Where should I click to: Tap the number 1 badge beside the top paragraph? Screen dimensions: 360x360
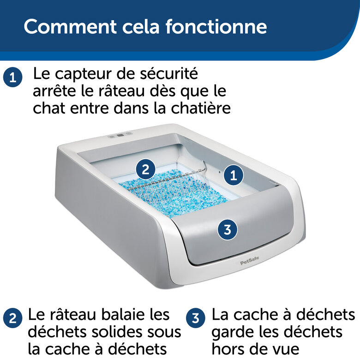point(12,77)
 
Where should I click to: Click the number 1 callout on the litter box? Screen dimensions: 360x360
point(234,175)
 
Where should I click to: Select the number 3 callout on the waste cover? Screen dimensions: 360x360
point(227,229)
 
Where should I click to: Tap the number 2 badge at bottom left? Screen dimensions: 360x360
point(12,318)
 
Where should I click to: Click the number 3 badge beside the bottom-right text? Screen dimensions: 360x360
point(195,318)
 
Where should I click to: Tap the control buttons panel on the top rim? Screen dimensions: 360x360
point(120,136)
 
